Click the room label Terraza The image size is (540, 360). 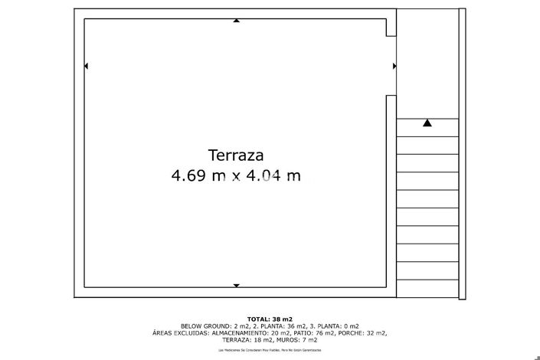[x=236, y=155]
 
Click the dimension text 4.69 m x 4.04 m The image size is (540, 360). [x=236, y=176]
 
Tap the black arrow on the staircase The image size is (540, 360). [x=427, y=123]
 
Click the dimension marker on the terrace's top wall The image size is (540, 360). [x=236, y=21]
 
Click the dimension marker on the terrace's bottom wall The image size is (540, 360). [x=236, y=286]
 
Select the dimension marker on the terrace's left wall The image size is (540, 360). [x=86, y=67]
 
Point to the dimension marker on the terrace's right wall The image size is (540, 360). [x=394, y=67]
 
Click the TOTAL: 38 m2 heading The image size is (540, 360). [x=270, y=319]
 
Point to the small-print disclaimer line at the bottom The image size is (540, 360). [x=270, y=349]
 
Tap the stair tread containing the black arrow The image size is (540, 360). [x=427, y=127]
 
